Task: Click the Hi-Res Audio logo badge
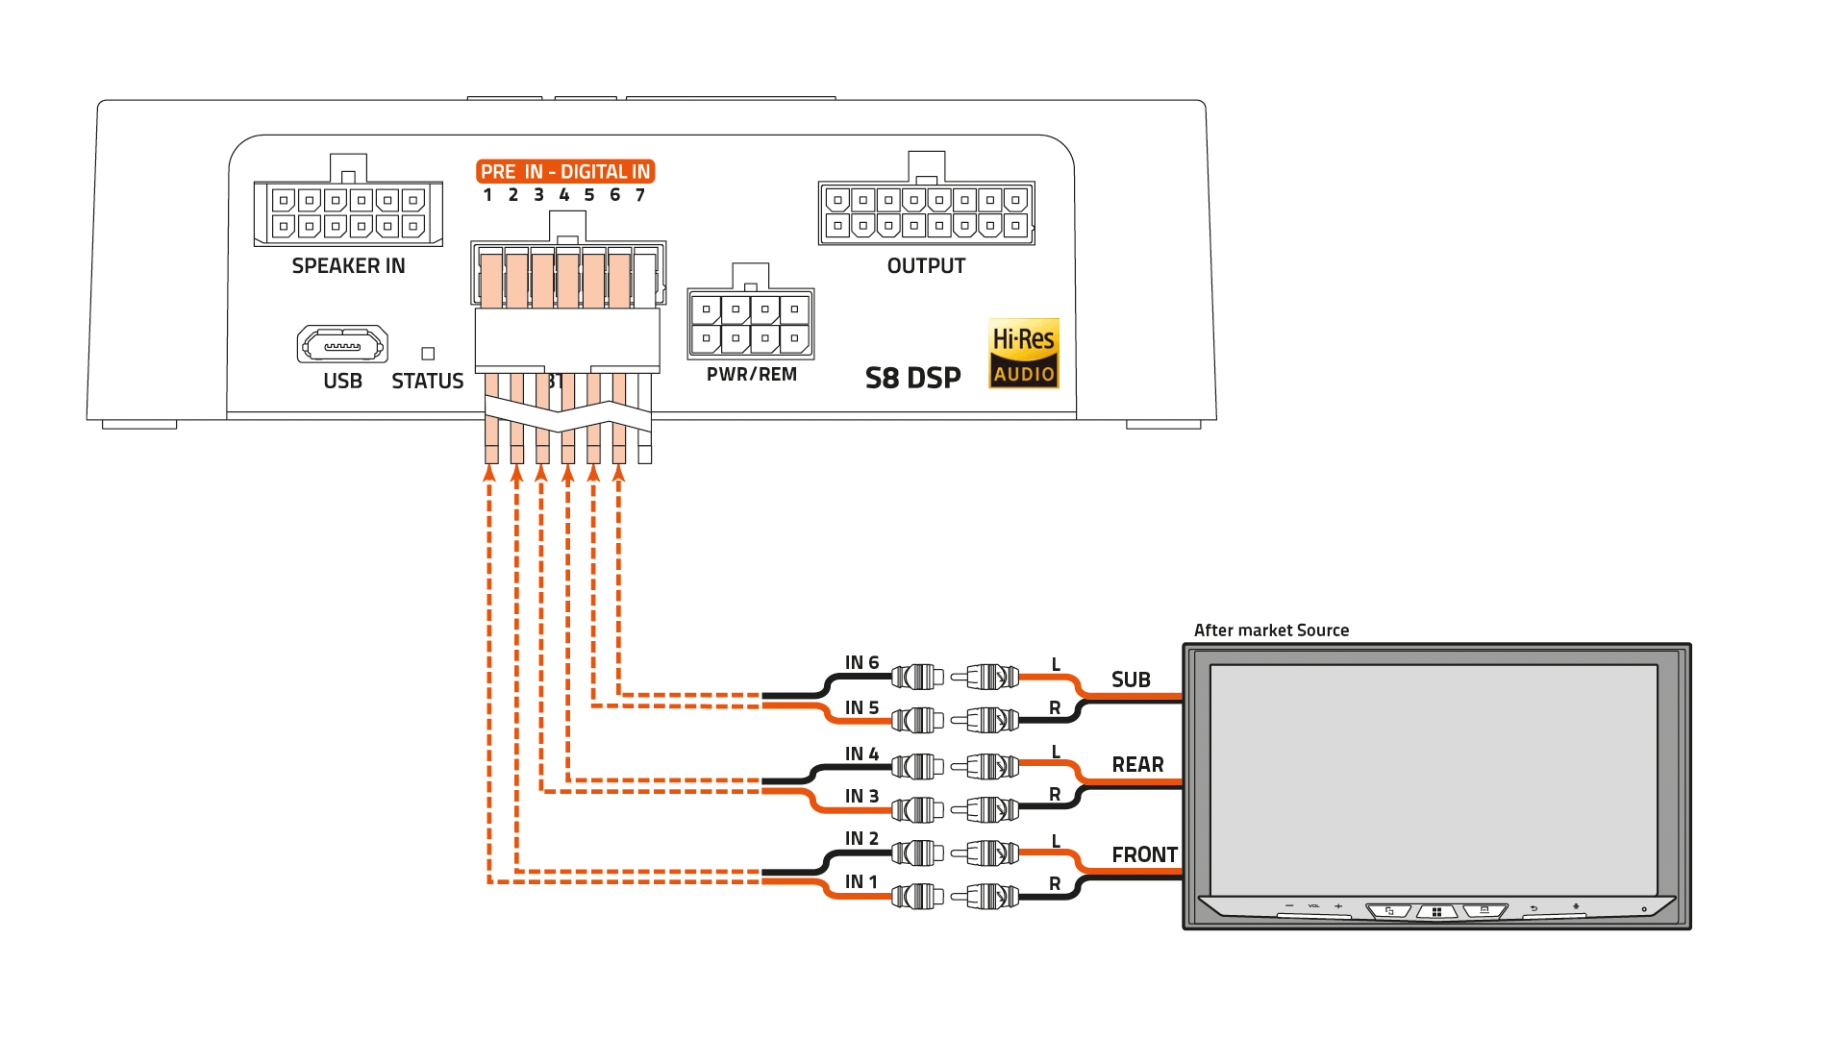pos(1023,354)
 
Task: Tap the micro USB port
pos(342,344)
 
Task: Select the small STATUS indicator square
pos(428,354)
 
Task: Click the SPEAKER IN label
pos(348,266)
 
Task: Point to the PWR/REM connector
pos(751,324)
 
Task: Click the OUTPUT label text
pos(926,266)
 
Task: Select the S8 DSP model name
pos(912,378)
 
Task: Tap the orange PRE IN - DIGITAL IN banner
pos(565,171)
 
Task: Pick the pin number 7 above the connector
pos(640,195)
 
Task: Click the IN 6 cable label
pos(861,662)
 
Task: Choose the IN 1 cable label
pos(861,881)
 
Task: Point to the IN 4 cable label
pos(861,754)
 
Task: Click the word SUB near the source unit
pos(1131,680)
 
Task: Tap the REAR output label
pos(1137,765)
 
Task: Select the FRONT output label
pos(1144,854)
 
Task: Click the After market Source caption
pos(1271,630)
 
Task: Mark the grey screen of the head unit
pos(1434,778)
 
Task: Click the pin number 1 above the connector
pos(487,195)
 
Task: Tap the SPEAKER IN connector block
pos(348,213)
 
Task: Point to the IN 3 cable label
pos(861,796)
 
